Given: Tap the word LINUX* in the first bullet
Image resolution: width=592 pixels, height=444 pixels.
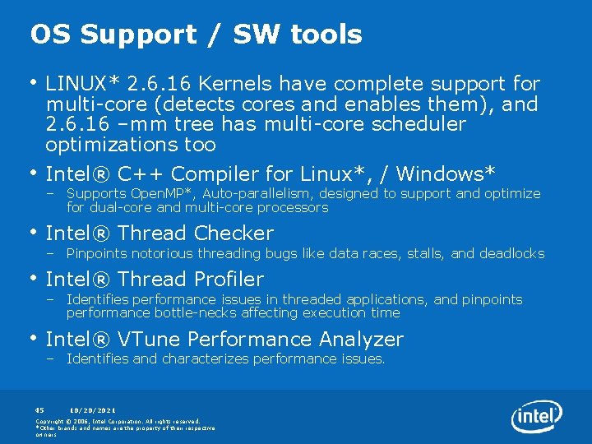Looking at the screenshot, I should pos(82,84).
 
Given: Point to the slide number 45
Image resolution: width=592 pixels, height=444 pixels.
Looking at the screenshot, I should pos(39,409).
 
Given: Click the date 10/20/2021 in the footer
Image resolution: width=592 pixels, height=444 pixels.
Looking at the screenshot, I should pos(92,409).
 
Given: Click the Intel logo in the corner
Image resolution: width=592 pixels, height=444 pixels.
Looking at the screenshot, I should pos(536,416).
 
